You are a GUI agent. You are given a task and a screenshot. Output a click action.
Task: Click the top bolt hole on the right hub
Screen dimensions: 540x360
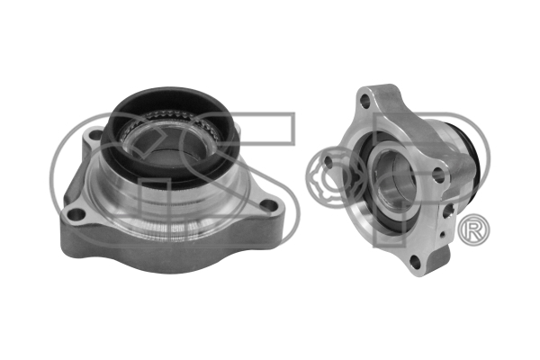[364, 101]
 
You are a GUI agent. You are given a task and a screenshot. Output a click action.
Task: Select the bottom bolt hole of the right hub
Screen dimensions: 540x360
[416, 263]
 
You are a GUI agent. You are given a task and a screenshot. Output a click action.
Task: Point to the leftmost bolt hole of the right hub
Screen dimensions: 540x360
[328, 163]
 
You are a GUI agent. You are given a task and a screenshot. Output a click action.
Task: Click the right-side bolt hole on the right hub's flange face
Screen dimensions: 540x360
[438, 175]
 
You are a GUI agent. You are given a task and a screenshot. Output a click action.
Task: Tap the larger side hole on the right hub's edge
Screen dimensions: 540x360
[447, 211]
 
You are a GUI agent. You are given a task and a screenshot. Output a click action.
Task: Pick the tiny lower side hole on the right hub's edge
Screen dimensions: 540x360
[443, 236]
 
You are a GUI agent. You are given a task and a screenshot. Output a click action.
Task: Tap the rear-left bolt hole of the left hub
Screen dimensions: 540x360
[95, 134]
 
